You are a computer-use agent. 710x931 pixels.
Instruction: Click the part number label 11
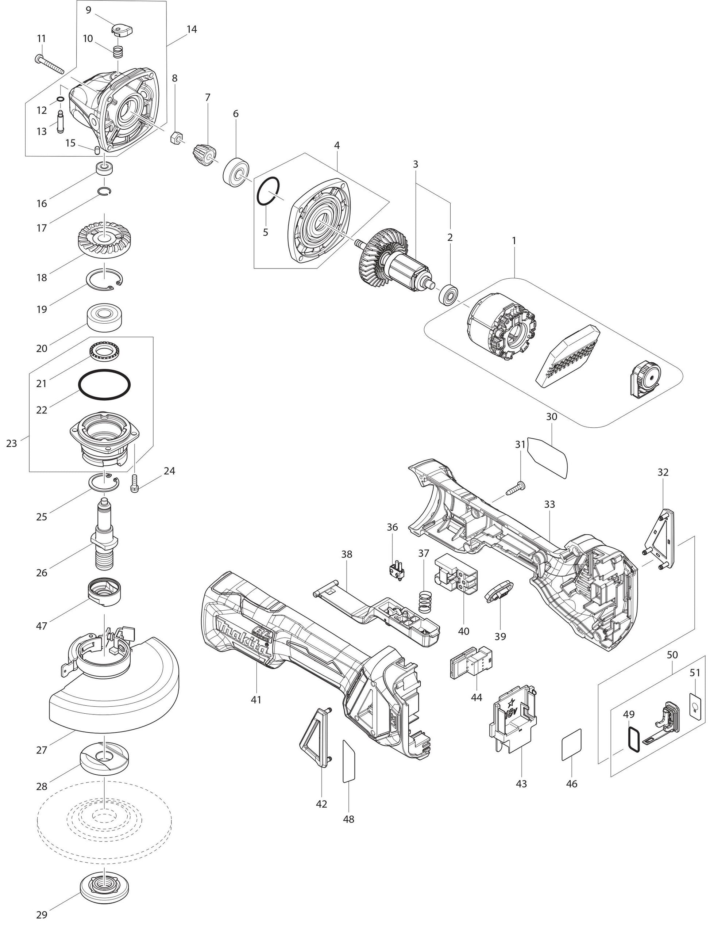click(41, 38)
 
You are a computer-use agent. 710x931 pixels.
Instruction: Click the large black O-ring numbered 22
click(104, 385)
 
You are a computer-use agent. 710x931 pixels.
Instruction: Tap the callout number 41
click(256, 700)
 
